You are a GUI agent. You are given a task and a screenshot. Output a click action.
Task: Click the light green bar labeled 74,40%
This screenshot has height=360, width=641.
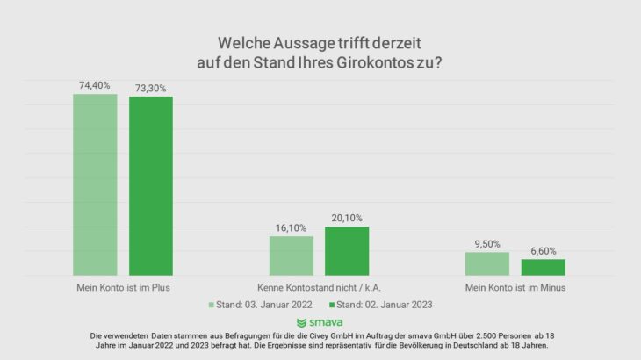(x=95, y=184)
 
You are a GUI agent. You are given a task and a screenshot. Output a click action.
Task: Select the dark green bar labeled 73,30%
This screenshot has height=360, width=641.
(x=151, y=186)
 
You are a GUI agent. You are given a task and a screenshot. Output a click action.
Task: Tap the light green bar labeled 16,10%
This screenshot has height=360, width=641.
(x=291, y=256)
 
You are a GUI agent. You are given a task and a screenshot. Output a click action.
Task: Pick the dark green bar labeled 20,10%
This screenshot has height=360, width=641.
(x=347, y=251)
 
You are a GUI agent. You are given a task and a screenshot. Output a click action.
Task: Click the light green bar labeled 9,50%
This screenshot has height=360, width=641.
(x=486, y=263)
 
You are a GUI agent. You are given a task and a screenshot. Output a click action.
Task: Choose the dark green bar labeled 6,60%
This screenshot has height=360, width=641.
(x=543, y=267)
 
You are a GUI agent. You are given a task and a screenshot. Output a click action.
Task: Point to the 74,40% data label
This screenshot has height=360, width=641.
(x=95, y=85)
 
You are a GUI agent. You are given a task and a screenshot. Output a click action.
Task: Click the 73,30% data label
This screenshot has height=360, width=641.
(x=151, y=88)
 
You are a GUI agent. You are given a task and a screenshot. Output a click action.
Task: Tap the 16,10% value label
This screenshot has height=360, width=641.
(x=291, y=227)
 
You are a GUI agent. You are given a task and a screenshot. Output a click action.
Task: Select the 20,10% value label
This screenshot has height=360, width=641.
(x=347, y=218)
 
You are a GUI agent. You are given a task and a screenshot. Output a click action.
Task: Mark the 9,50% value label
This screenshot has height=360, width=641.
(x=486, y=243)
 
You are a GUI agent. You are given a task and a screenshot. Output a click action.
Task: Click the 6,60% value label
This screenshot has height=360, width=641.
(x=543, y=250)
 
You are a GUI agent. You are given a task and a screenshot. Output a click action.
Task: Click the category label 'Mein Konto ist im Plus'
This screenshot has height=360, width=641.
(x=123, y=287)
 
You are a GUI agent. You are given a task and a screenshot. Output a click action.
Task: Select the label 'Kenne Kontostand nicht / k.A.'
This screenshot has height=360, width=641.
(x=320, y=287)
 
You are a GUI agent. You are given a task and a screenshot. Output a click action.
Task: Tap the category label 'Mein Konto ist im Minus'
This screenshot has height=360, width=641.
(x=515, y=287)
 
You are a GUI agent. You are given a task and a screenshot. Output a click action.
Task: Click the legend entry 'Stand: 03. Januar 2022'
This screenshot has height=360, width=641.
(x=261, y=305)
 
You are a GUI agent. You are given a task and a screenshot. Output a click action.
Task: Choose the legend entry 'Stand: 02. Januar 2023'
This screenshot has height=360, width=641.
(x=380, y=305)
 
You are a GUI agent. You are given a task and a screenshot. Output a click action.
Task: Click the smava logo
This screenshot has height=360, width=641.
(x=320, y=323)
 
